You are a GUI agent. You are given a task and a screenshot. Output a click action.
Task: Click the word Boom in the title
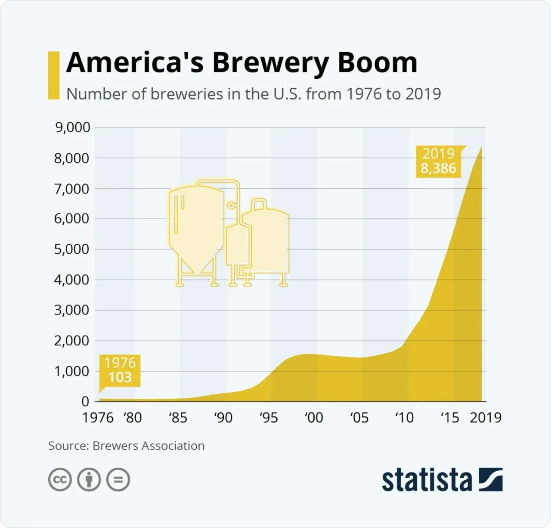pos(377,63)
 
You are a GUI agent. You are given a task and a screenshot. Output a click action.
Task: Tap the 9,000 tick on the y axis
pos(72,127)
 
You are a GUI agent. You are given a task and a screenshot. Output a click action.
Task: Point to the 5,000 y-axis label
pos(72,249)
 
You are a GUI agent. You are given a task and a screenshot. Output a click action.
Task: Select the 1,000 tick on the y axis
pos(72,371)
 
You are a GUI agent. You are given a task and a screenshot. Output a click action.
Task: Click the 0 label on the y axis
pos(85,401)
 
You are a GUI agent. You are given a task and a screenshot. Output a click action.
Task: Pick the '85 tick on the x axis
pos(178,417)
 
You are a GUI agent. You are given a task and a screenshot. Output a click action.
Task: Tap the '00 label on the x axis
pos(313,417)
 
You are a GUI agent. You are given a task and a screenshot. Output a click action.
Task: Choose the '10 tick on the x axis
pos(404,417)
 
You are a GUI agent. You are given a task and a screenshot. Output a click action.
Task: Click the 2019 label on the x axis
pos(486,417)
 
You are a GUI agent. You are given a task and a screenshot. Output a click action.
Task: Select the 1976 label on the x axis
pos(98,417)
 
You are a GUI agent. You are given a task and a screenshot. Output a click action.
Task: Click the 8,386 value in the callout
pos(438,168)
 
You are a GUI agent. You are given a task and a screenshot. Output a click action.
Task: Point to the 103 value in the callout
pos(120,377)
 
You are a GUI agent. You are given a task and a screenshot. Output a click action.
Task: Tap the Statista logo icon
pos(490,479)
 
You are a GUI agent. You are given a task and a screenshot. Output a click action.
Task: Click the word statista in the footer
pos(427,480)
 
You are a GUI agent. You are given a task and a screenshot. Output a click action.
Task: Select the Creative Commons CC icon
pos(60,479)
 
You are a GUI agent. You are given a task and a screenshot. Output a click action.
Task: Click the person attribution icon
pos(89,479)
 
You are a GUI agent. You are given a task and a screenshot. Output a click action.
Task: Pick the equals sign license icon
pos(118,479)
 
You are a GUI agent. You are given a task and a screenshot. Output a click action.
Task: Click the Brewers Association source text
pos(148,446)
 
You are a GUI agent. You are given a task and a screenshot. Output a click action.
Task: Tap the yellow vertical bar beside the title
pos(54,75)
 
